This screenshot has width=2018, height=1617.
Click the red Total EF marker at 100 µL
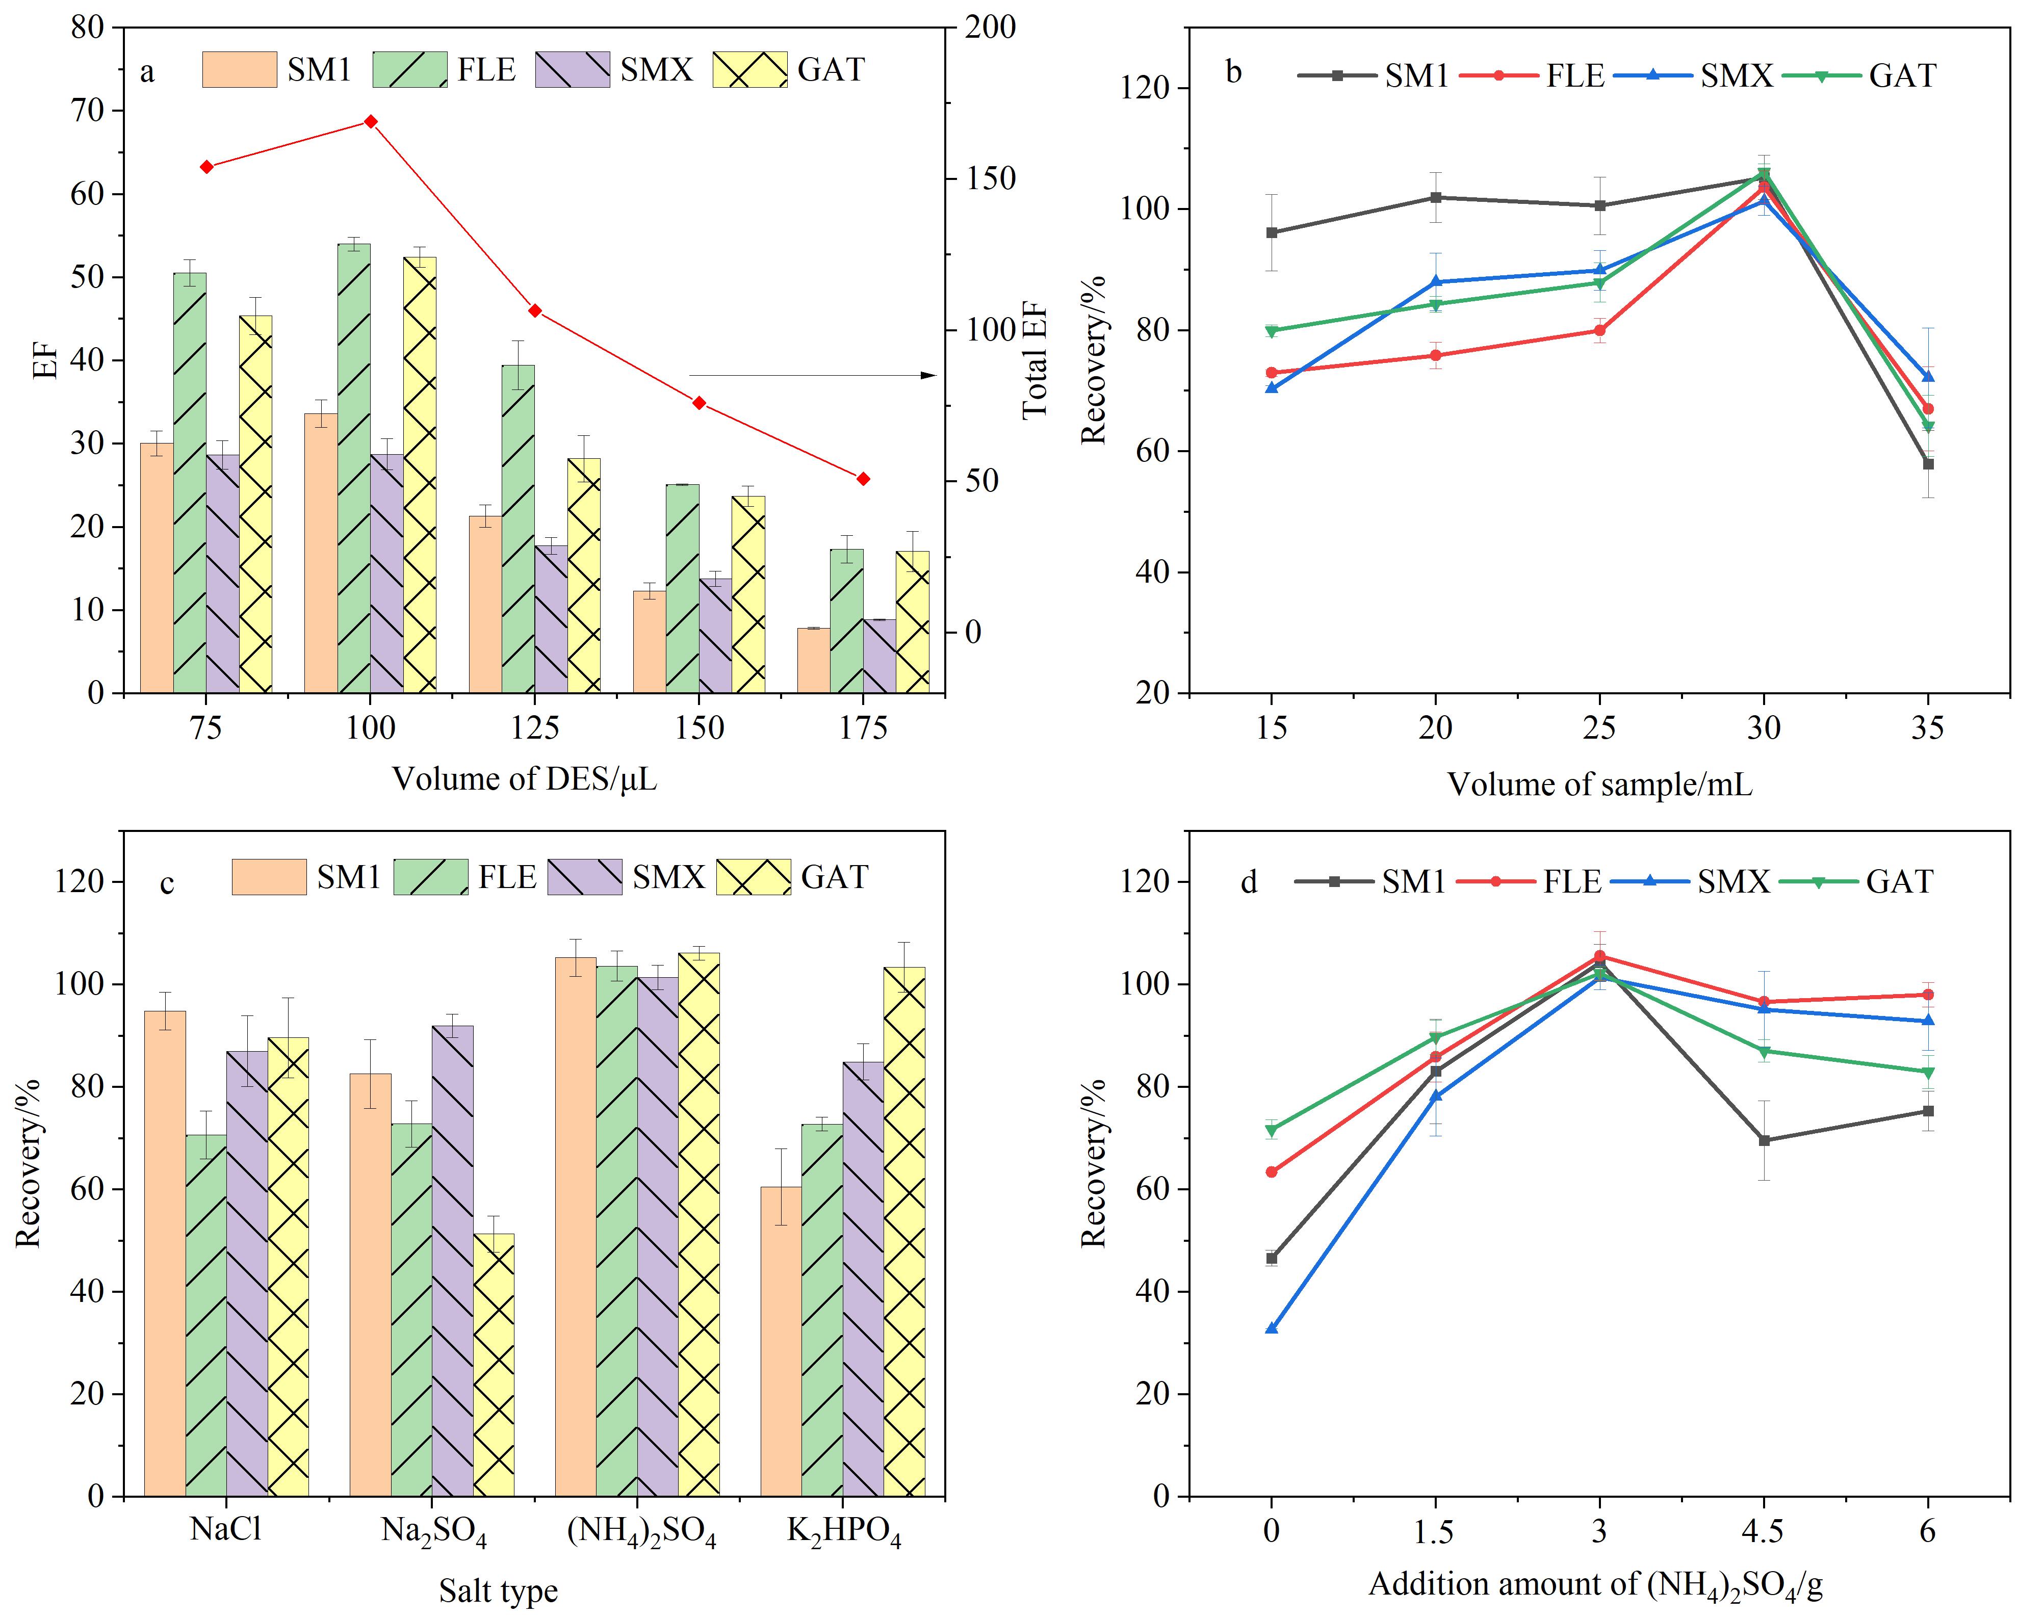tap(371, 122)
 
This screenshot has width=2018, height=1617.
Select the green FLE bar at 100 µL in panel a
tap(354, 468)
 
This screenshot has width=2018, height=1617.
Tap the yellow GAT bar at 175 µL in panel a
tap(913, 621)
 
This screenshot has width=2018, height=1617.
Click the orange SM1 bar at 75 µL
tap(157, 568)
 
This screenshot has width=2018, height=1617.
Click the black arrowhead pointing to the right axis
tap(928, 375)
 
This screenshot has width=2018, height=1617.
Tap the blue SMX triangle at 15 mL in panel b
tap(1271, 387)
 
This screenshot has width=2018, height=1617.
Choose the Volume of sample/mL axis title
tap(1599, 783)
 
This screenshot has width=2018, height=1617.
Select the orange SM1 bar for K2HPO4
tap(781, 1341)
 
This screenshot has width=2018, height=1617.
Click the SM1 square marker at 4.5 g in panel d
tap(1764, 1141)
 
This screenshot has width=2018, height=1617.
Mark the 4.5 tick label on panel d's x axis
tap(1764, 1532)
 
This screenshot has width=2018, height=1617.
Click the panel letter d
tap(1249, 881)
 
